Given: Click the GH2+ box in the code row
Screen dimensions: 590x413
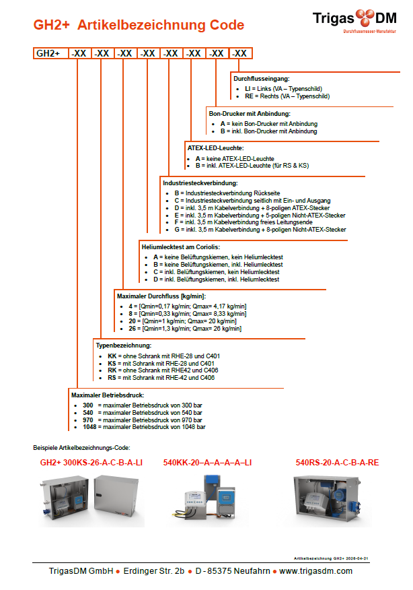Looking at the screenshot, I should click(x=48, y=53).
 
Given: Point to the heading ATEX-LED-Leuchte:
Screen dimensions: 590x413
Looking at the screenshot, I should click(x=215, y=147).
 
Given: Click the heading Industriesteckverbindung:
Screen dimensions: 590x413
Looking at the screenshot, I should click(x=200, y=183).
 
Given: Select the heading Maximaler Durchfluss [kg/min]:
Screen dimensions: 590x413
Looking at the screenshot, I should click(x=161, y=296).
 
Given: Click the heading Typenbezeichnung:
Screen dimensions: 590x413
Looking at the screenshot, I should click(x=124, y=346).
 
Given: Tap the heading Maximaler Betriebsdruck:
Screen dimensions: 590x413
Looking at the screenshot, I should click(x=108, y=395).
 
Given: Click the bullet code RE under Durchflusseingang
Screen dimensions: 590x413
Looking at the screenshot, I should click(x=249, y=96).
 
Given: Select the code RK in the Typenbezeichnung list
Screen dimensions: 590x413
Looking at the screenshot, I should click(x=112, y=370).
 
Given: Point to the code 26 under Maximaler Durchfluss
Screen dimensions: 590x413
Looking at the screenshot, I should click(x=133, y=328).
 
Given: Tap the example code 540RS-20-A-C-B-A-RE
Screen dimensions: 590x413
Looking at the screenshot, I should click(x=338, y=463).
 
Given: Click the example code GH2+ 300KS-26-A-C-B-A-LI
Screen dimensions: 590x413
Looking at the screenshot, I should click(x=91, y=463).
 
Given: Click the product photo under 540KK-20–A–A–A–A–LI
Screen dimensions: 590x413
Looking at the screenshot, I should click(x=203, y=500).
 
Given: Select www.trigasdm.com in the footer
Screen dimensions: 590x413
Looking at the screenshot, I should click(x=316, y=571).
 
